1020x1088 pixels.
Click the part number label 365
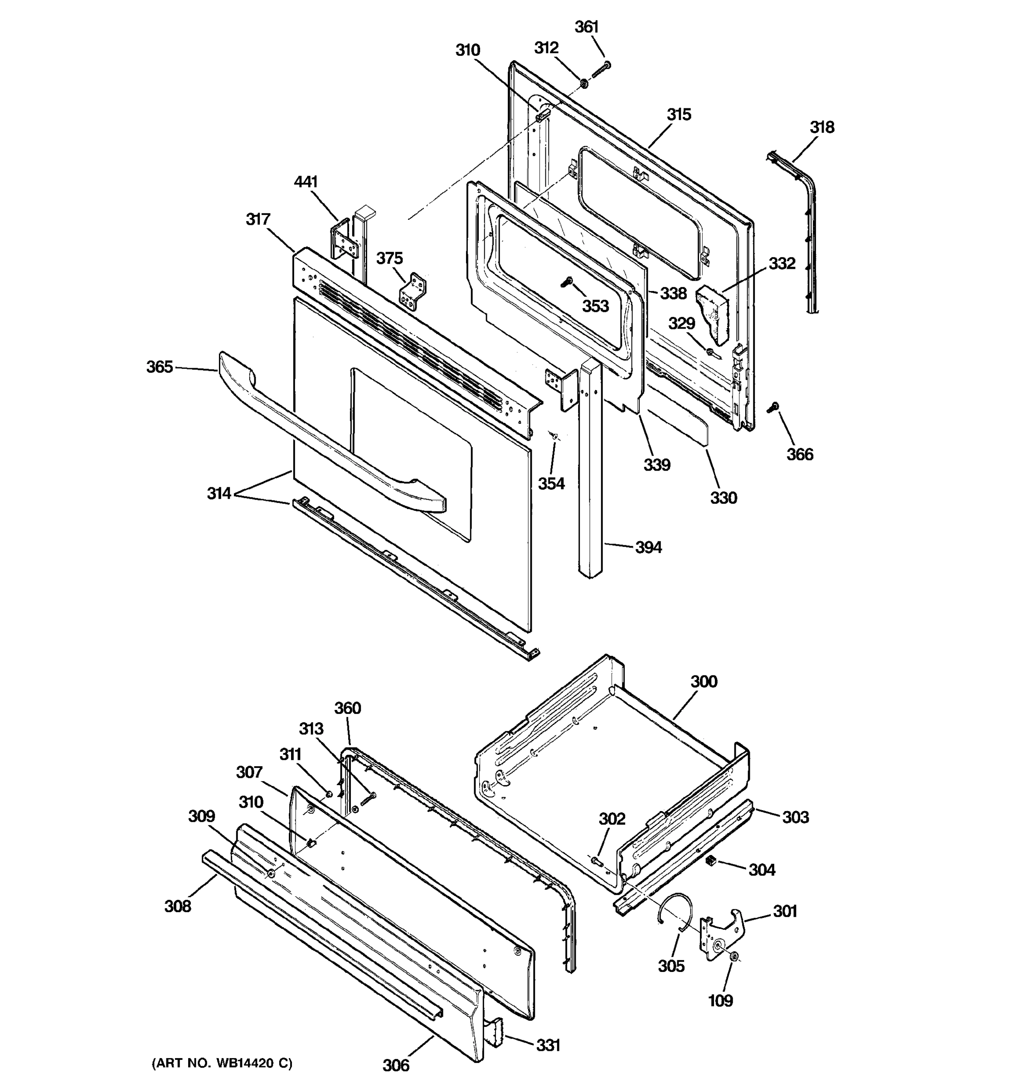[159, 367]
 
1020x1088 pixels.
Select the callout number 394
[648, 547]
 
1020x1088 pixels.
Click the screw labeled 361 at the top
[601, 69]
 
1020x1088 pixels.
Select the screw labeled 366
[774, 407]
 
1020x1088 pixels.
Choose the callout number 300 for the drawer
[704, 681]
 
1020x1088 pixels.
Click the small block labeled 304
[711, 861]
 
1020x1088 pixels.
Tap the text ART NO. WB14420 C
[222, 1064]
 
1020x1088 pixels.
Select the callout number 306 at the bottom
[396, 1065]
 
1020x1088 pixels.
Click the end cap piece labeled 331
[494, 1034]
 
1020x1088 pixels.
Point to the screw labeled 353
[567, 282]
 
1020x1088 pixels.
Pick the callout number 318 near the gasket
[822, 127]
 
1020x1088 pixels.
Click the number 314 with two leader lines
[219, 494]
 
